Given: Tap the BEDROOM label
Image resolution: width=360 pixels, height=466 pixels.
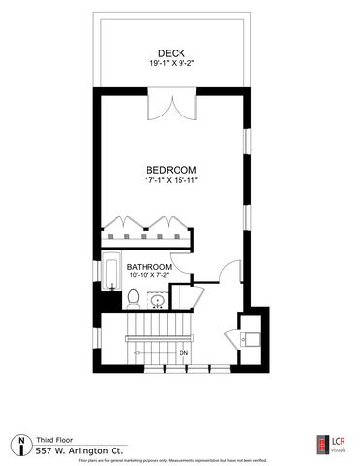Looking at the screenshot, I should [x=173, y=167].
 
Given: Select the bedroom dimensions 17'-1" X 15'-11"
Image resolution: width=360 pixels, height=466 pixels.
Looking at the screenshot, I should [x=173, y=180].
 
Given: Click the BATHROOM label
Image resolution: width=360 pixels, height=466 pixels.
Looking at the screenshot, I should [x=148, y=267].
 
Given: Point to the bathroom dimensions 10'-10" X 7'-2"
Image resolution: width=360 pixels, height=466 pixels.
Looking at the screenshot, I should [x=148, y=277].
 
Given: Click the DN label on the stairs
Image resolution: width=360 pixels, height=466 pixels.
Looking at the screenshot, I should [x=183, y=352].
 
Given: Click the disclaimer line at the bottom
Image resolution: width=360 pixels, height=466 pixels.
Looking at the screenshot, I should [x=180, y=462].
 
